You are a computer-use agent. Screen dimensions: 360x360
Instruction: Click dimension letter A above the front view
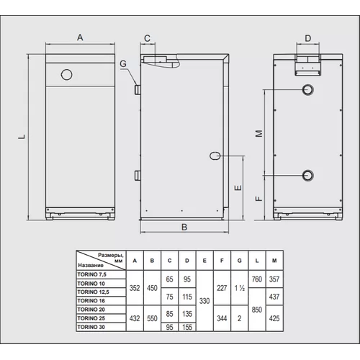80,37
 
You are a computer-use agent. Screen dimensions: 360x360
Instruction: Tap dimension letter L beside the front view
22,137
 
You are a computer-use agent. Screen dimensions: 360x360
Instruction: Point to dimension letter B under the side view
184,227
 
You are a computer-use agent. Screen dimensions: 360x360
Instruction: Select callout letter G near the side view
123,63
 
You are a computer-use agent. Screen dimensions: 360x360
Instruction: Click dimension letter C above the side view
147,38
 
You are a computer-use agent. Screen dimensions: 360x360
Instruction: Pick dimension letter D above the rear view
308,38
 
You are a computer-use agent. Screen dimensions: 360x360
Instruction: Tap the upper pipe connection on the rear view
307,90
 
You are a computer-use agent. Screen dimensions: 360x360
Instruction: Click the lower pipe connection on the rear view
307,176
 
